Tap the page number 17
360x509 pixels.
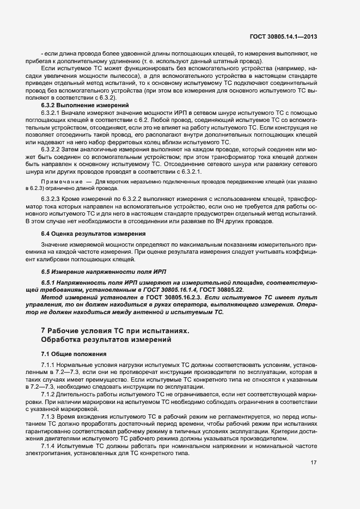[x=314, y=463]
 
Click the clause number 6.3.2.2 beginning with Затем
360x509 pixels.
[x=52, y=149]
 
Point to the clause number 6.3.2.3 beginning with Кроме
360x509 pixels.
[x=52, y=194]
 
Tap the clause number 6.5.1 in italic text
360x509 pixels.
[x=49, y=283]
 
